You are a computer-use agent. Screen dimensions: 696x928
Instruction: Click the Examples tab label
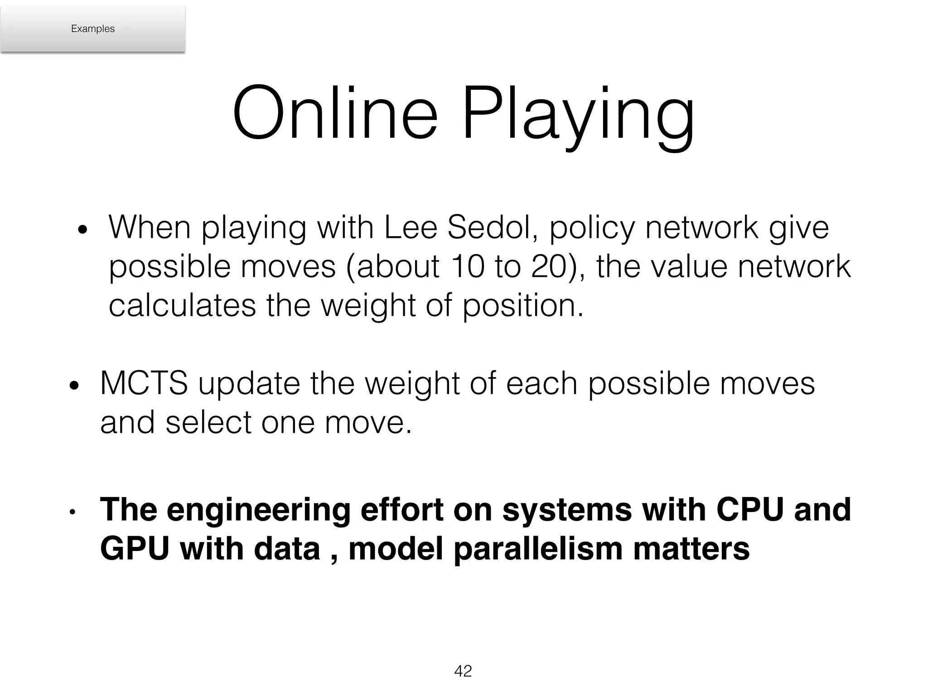pyautogui.click(x=93, y=29)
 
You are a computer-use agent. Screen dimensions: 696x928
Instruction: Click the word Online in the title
pyautogui.click(x=335, y=113)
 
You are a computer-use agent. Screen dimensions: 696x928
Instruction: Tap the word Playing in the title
pyautogui.click(x=577, y=116)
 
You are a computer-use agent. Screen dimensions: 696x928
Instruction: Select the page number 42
pyautogui.click(x=463, y=671)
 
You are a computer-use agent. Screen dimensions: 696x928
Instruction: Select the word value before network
pyautogui.click(x=689, y=266)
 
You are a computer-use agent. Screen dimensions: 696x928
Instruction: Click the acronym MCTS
pyautogui.click(x=144, y=384)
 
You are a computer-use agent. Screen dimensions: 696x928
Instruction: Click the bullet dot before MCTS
pyautogui.click(x=74, y=386)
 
